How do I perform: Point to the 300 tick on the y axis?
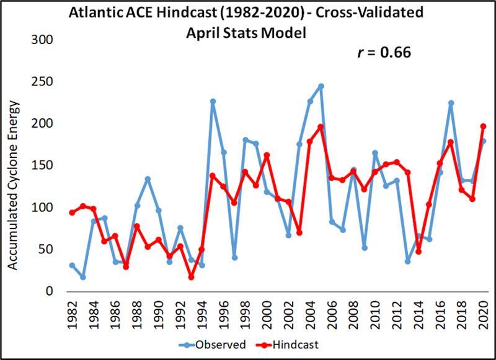pyautogui.click(x=43, y=40)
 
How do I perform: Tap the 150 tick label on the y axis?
pyautogui.click(x=43, y=165)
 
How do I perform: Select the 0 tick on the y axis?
pyautogui.click(x=50, y=291)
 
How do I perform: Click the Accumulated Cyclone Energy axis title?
pyautogui.click(x=14, y=185)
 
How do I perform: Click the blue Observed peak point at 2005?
pyautogui.click(x=321, y=86)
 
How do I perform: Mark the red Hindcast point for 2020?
pyautogui.click(x=484, y=126)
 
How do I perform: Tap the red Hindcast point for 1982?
pyautogui.click(x=72, y=213)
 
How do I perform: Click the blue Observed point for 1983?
pyautogui.click(x=82, y=277)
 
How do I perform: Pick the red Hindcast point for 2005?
pyautogui.click(x=321, y=127)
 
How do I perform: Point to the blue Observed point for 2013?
pyautogui.click(x=408, y=261)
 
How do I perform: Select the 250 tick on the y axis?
pyautogui.click(x=43, y=82)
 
